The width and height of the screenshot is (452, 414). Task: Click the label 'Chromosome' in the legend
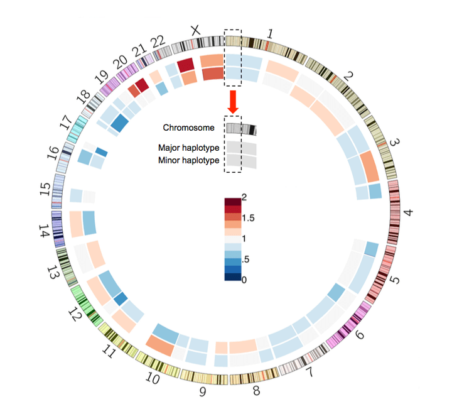pos(188,128)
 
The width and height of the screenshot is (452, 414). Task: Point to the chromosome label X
pos(196,30)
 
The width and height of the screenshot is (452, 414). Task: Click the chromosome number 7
pos(308,379)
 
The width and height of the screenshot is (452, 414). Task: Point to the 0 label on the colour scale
pos(244,279)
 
